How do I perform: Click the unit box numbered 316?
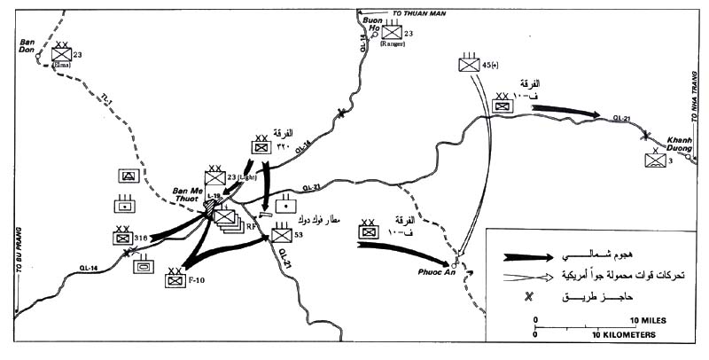(121, 237)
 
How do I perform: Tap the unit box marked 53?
(282, 236)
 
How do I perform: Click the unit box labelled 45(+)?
(468, 64)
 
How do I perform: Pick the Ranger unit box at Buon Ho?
(392, 33)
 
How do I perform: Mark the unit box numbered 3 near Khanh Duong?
(657, 160)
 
